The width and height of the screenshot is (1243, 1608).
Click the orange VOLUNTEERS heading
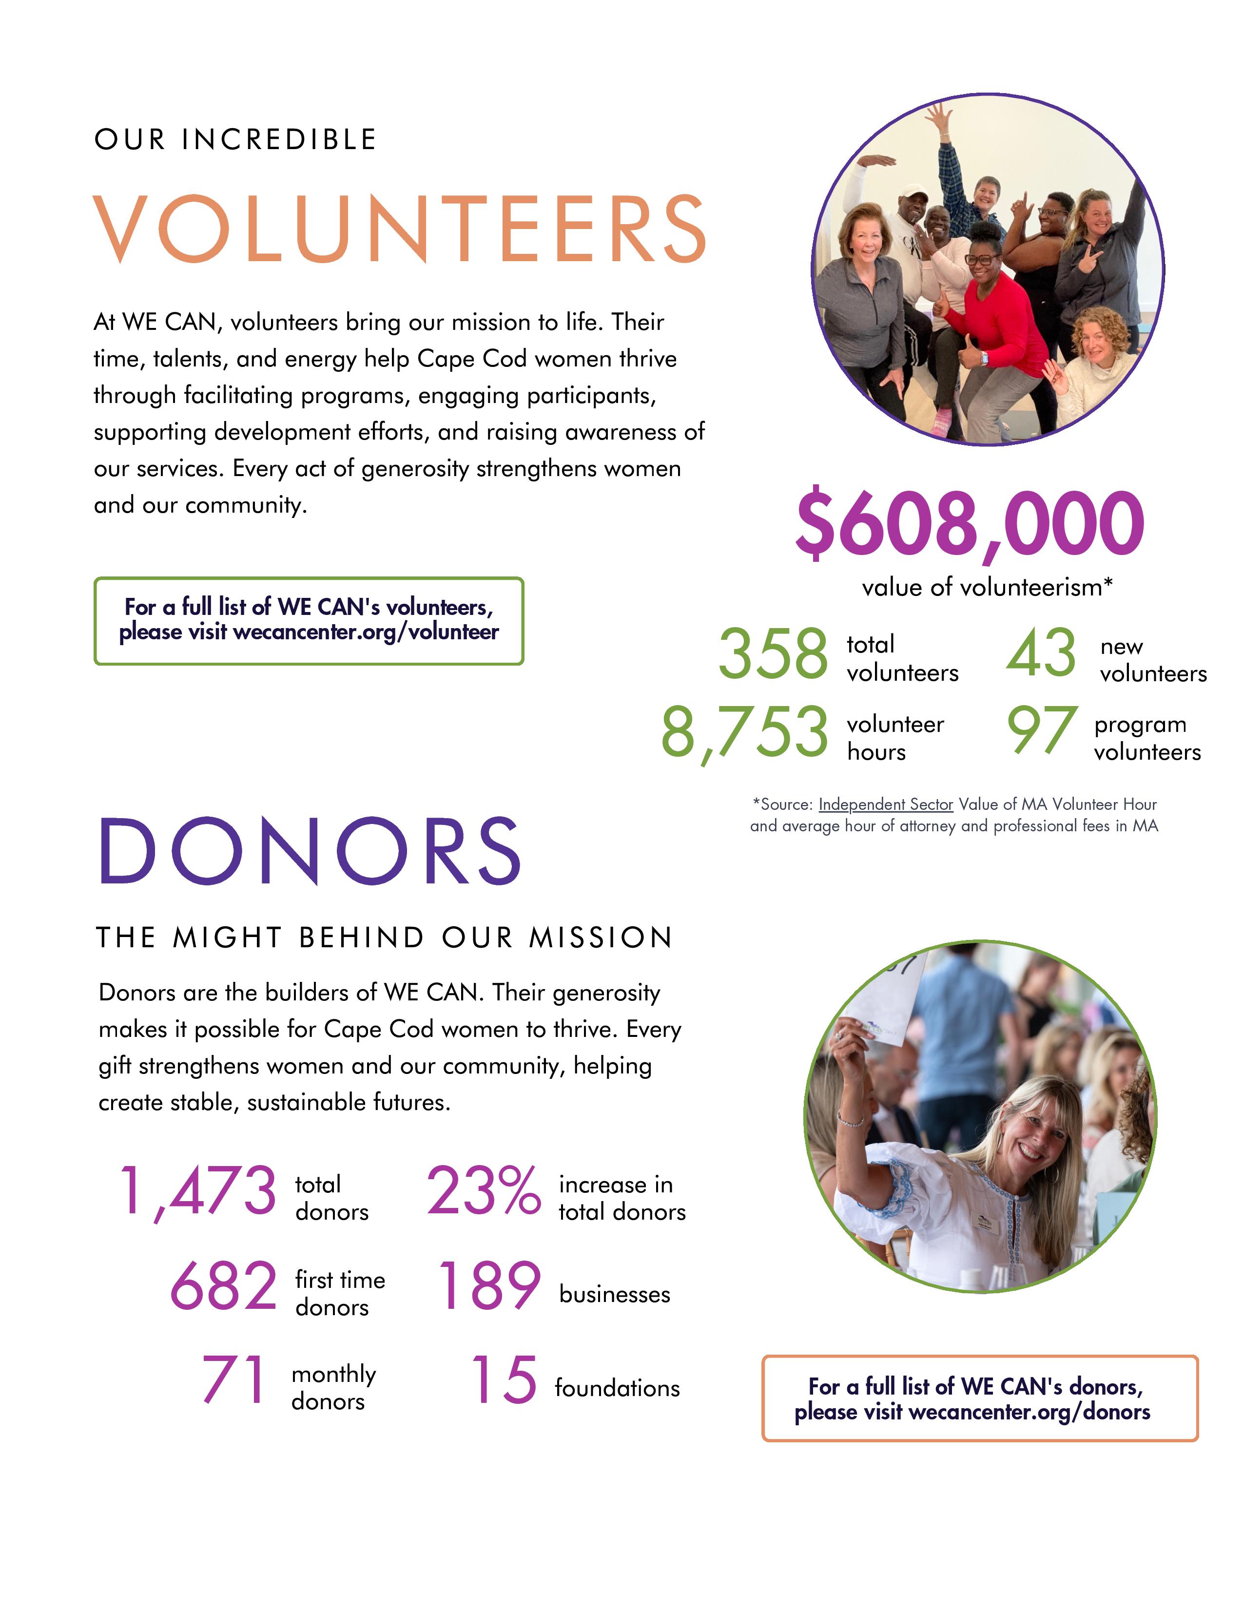tap(400, 229)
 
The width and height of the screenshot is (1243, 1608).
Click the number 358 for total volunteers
tap(773, 654)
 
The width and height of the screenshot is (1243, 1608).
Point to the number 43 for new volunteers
tap(1041, 653)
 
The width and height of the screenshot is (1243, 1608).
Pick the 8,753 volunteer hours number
tap(744, 732)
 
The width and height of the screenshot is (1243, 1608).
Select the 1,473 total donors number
tap(197, 1190)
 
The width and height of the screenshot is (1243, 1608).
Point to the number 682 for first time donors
tap(223, 1286)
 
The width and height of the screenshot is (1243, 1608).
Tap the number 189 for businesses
tap(489, 1286)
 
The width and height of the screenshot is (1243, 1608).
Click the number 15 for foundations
tap(504, 1380)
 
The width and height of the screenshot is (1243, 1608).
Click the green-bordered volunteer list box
tap(309, 621)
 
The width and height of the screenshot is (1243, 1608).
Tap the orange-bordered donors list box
tap(979, 1398)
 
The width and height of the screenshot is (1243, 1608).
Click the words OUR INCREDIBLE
tap(235, 140)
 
